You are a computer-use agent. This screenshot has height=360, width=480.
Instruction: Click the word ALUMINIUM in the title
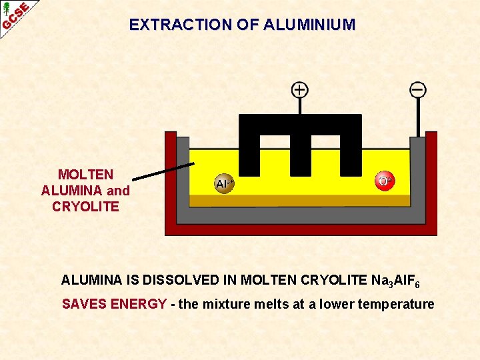pyautogui.click(x=310, y=25)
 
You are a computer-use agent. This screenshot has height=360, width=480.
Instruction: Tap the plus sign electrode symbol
pyautogui.click(x=300, y=89)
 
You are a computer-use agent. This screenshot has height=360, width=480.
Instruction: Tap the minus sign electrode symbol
pyautogui.click(x=418, y=89)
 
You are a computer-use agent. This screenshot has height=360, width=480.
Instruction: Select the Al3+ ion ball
pyautogui.click(x=224, y=183)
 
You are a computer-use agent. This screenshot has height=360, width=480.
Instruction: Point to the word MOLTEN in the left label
pyautogui.click(x=85, y=175)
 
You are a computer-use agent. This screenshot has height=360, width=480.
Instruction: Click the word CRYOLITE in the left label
pyautogui.click(x=85, y=207)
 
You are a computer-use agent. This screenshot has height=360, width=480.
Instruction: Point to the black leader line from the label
pyautogui.click(x=163, y=171)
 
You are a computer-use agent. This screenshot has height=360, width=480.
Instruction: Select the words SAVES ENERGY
pyautogui.click(x=114, y=305)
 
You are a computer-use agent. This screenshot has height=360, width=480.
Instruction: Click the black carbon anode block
pyautogui.click(x=300, y=127)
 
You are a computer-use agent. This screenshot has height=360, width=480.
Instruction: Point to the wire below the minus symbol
pyautogui.click(x=419, y=117)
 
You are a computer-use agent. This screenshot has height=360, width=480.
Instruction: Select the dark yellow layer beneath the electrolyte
pyautogui.click(x=300, y=200)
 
